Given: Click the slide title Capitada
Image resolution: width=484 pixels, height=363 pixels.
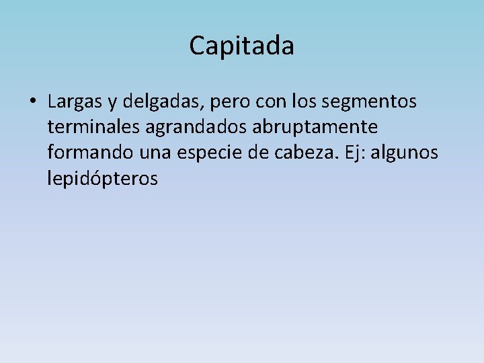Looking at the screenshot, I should pos(241,46).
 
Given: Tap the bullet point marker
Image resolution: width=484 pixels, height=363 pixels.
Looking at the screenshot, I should pos(32,102).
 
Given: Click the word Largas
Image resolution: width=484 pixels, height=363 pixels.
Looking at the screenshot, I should pos(75,102).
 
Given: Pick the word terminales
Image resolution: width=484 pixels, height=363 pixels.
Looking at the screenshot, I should pos(93,127).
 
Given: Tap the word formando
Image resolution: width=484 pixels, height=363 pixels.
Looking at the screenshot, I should pos(91,153).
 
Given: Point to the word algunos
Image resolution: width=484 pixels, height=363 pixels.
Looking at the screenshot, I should pos(405,153).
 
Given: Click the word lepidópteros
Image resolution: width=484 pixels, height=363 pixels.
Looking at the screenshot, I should pos(103,179).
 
